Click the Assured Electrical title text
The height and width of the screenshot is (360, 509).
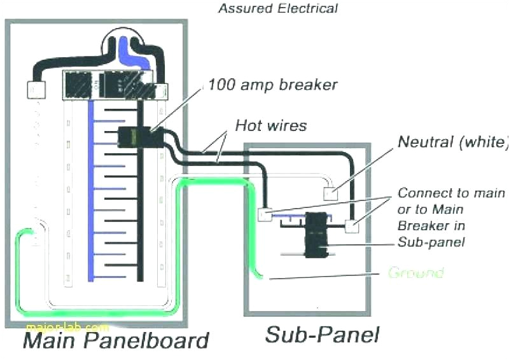click(x=278, y=8)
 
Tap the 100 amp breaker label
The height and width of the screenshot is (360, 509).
click(x=273, y=84)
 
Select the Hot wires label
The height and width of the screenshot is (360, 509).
click(x=270, y=125)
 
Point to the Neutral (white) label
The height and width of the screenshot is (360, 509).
click(x=452, y=141)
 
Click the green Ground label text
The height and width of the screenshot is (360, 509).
click(x=415, y=273)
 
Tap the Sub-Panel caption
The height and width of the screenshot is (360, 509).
click(x=323, y=335)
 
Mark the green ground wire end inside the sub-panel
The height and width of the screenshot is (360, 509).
click(x=260, y=275)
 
